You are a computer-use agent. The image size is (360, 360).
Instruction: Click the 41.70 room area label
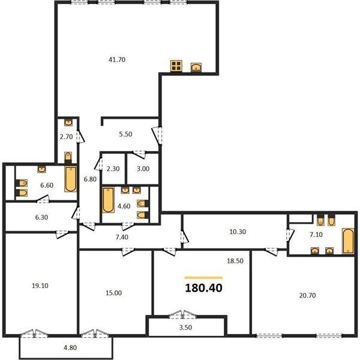(117, 59)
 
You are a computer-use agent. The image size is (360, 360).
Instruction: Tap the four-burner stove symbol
(176, 65)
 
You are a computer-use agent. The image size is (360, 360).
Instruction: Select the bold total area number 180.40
(203, 288)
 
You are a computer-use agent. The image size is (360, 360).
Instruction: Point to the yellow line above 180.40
(203, 278)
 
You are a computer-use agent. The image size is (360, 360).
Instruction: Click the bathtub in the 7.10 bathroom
(348, 241)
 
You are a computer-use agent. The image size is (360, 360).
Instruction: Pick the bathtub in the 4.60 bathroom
(108, 200)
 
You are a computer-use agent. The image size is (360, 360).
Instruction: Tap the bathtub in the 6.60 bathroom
(70, 179)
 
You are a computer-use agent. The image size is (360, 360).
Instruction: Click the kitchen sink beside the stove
(196, 67)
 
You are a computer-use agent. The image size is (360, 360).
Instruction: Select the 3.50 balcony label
(185, 328)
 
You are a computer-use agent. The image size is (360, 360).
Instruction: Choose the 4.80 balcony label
(70, 347)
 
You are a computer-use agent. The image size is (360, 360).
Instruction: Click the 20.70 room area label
(307, 295)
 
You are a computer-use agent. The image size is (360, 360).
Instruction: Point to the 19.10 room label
(40, 286)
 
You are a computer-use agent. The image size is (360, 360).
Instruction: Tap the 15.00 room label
(113, 293)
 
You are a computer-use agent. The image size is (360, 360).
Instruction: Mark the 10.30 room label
(238, 232)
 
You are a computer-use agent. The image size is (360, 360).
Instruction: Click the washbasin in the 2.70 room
(68, 122)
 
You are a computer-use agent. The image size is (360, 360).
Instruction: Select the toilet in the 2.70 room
(68, 157)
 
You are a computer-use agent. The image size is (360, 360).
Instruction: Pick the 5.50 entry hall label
(125, 134)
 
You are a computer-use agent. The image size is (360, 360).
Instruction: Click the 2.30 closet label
(113, 169)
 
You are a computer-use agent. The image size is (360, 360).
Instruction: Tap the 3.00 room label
(143, 169)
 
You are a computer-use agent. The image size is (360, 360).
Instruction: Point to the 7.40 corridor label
(122, 237)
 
